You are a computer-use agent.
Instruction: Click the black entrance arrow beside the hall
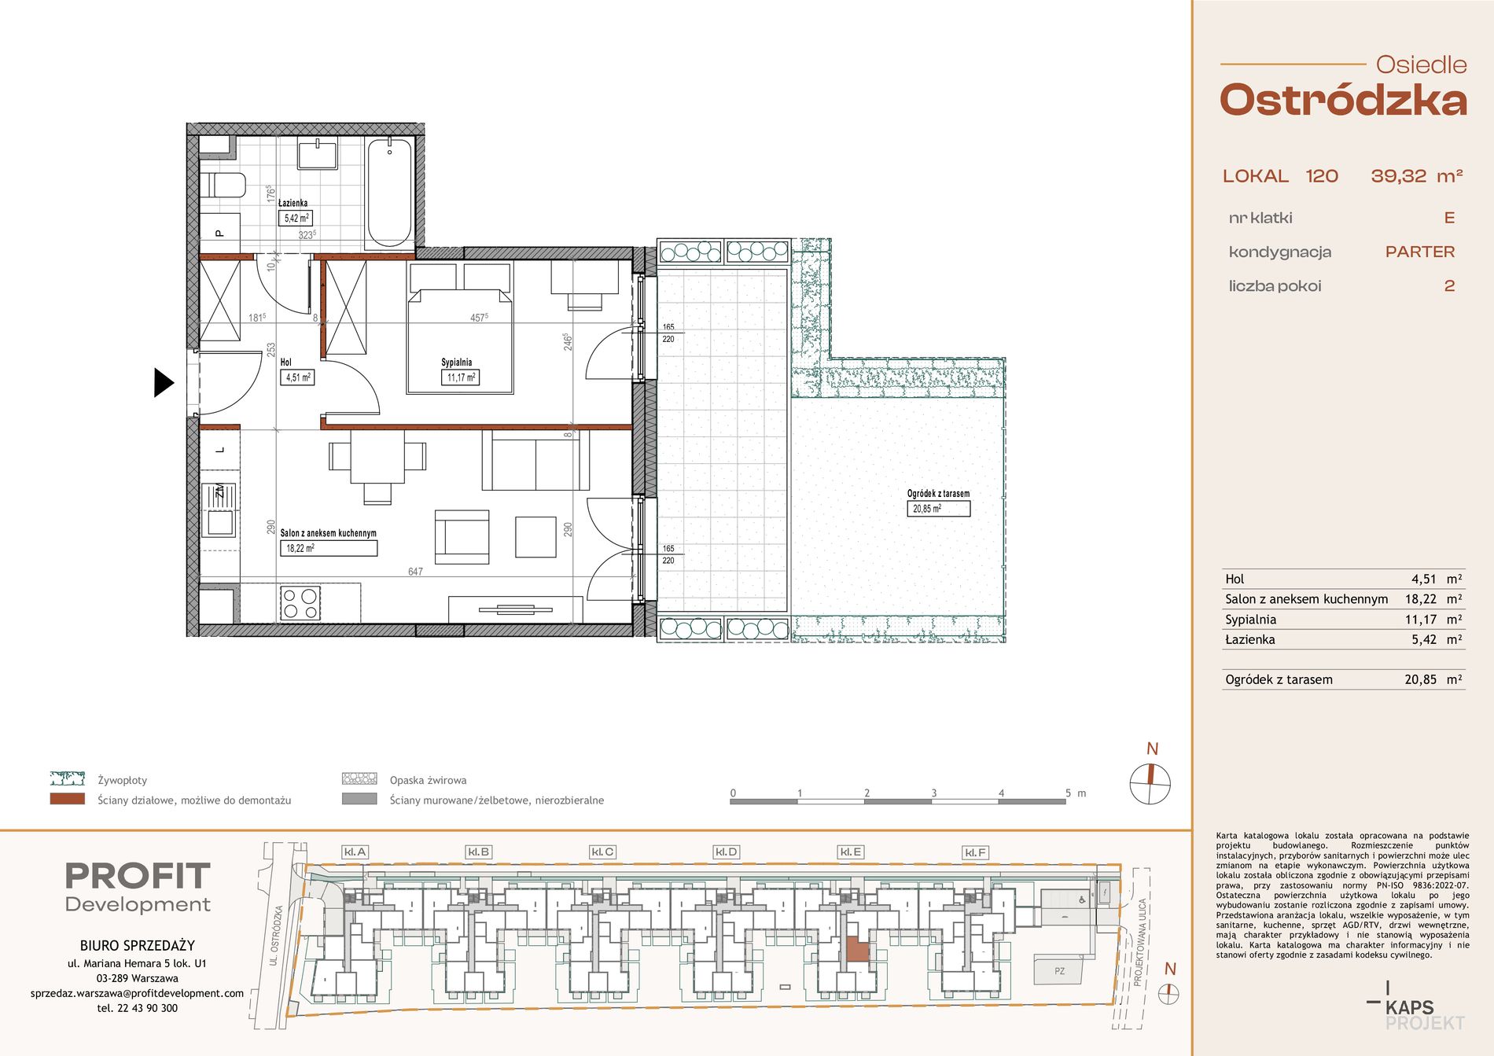coord(163,383)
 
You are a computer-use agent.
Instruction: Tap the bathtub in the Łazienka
coord(389,192)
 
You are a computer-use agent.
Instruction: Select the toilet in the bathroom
coord(223,186)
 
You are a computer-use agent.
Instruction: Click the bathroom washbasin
coord(318,153)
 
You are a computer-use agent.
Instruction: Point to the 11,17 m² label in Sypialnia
coord(461,377)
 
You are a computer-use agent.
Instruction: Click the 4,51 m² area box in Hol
coord(298,377)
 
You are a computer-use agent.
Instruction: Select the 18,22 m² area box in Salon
coord(329,548)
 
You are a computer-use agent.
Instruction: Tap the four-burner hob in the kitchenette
coord(300,603)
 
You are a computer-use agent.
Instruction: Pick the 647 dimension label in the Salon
coord(415,572)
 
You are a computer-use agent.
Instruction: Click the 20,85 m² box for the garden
coord(938,509)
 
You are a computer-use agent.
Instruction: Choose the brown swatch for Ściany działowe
coord(68,799)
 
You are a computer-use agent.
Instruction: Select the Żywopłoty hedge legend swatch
coord(68,778)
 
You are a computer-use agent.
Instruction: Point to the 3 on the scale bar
coord(933,793)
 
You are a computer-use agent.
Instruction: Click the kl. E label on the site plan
coord(851,852)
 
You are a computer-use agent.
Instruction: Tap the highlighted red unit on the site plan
coord(857,951)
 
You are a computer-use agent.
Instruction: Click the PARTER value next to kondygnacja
coord(1420,252)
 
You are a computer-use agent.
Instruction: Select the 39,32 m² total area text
coord(1417,176)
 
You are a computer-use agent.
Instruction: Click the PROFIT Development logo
coord(138,887)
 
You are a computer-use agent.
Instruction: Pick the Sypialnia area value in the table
coord(1433,620)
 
